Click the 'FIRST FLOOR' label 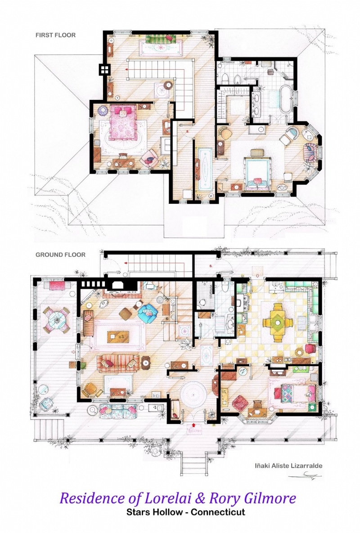pyautogui.click(x=56, y=35)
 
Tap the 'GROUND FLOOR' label pyautogui.click(x=60, y=255)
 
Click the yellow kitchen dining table pyautogui.click(x=279, y=321)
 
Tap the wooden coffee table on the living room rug pyautogui.click(x=117, y=335)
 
